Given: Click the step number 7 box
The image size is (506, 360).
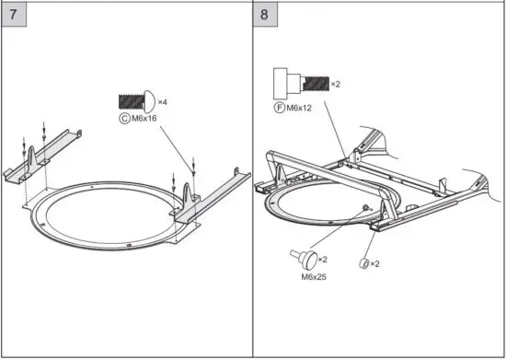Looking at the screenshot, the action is click(15, 15).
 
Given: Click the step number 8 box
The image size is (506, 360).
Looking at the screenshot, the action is click(267, 15).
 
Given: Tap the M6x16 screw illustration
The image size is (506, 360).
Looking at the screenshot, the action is click(135, 101).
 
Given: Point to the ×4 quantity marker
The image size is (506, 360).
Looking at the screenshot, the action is click(162, 101).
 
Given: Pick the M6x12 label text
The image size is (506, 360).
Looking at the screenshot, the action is click(300, 108).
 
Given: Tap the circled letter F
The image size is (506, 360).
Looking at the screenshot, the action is click(278, 108).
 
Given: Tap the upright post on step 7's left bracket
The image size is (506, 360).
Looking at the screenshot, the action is click(34, 154).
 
